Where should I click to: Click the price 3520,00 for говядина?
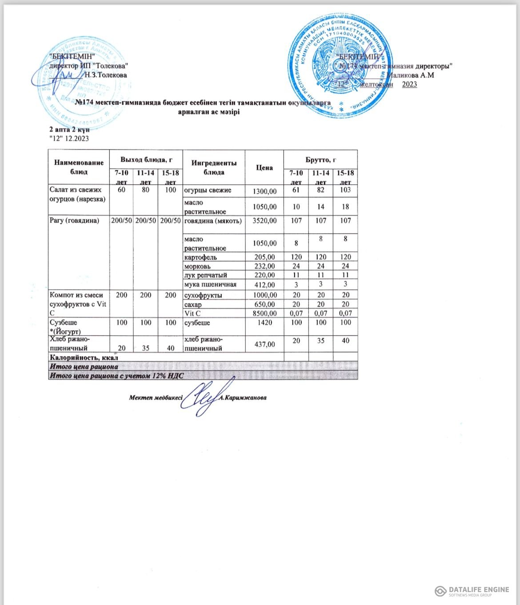[x=264, y=221]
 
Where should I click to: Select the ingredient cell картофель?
[x=201, y=257]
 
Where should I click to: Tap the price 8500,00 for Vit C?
[x=264, y=313]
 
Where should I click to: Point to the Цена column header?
[x=264, y=167]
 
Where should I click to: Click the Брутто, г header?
[x=320, y=159]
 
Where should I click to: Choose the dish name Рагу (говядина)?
[x=74, y=220]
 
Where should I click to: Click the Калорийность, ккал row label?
[x=84, y=357]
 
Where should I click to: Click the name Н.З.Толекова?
[x=105, y=75]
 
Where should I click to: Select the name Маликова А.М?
[x=410, y=75]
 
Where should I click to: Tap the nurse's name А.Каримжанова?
[x=243, y=398]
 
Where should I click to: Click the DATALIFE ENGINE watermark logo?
[x=472, y=591]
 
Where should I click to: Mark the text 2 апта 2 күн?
[x=69, y=130]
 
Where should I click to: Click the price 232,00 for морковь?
[x=264, y=266]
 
